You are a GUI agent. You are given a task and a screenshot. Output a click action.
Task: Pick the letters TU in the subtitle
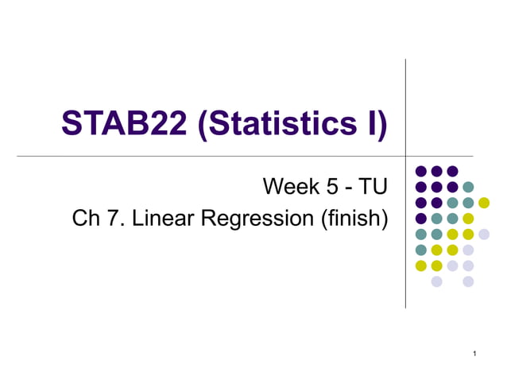(x=373, y=187)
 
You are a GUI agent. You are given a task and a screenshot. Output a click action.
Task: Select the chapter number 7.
(x=112, y=218)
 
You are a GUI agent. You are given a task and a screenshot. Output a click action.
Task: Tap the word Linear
(x=160, y=218)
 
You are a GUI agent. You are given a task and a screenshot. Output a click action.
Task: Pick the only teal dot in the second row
(x=468, y=187)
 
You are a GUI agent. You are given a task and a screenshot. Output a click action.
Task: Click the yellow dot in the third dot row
(x=484, y=203)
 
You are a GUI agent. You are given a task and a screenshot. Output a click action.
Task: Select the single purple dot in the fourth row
(x=421, y=219)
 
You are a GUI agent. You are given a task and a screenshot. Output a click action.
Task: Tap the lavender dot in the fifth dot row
(x=484, y=234)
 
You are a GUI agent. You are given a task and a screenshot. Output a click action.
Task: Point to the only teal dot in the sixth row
(x=421, y=250)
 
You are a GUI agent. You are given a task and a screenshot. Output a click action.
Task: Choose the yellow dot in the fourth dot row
(x=468, y=219)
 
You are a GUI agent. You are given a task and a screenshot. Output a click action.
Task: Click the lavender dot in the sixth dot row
(x=468, y=250)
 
